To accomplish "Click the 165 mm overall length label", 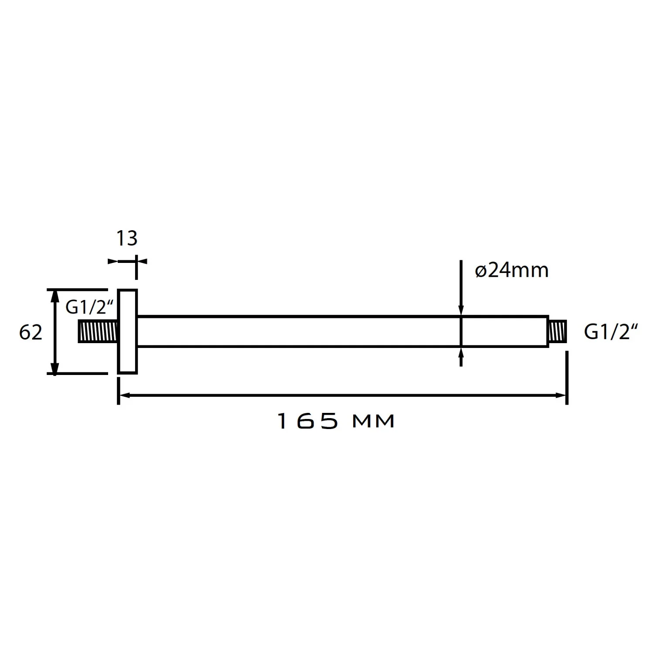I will (x=336, y=421).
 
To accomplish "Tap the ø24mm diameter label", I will (x=511, y=271).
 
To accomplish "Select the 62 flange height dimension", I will (x=31, y=333).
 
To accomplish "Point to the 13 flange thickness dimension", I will (x=127, y=238).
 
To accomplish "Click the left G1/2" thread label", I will (x=89, y=307).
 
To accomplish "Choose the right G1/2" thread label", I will (x=611, y=333).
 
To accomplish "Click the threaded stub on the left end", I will (x=98, y=331).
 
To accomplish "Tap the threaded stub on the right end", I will (x=557, y=331).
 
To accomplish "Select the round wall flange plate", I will (x=127, y=331).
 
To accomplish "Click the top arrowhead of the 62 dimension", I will (x=54, y=294).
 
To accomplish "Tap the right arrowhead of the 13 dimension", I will (x=142, y=261).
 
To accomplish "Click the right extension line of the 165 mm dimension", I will (x=566, y=377).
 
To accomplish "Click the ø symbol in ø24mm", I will (x=480, y=272).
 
